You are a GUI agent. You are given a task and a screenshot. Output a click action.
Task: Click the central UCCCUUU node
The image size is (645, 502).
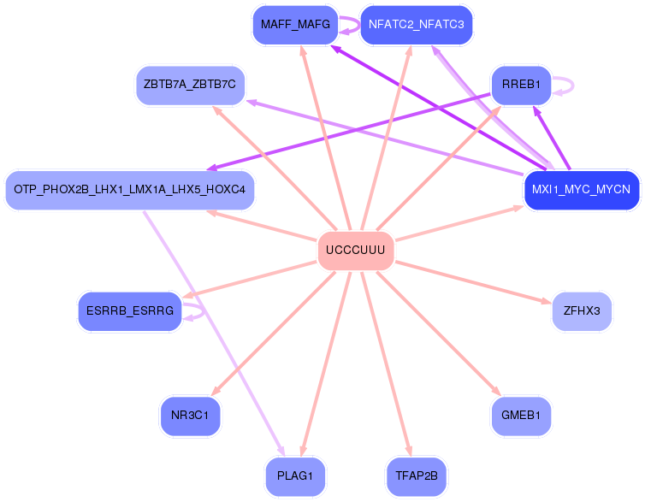pos(355,251)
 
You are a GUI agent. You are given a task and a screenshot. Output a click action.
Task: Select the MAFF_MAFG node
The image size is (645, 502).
pos(295,25)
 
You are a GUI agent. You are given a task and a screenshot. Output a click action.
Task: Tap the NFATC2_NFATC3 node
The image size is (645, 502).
pos(416,25)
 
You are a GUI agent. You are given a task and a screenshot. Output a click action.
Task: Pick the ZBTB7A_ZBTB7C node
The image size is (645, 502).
pos(190,85)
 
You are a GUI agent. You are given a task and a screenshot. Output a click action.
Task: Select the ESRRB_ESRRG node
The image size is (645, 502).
pos(130,311)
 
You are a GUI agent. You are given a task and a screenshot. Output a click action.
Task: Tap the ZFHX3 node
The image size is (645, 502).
pos(581,311)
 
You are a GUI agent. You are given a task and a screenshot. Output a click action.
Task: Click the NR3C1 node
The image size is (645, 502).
pos(190,416)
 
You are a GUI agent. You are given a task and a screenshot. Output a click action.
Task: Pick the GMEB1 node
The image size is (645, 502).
pos(521,416)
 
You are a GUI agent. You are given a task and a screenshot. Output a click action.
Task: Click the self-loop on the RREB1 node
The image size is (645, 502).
pos(564,85)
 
